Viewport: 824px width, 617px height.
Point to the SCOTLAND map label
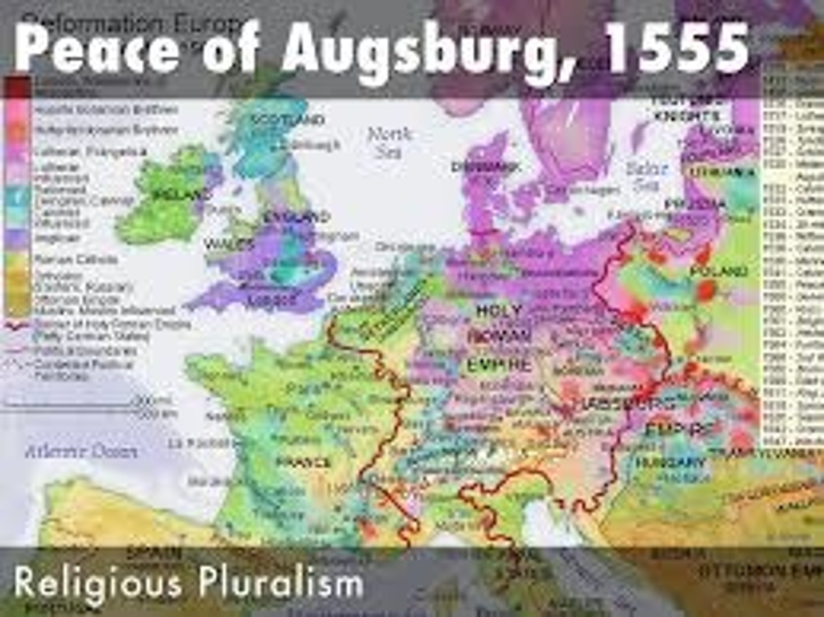[x=288, y=120]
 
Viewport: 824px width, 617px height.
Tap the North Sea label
[x=389, y=143]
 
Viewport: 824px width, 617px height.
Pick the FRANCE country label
[x=303, y=462]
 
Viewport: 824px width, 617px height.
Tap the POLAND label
[x=718, y=271]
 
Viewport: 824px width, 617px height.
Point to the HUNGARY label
[x=669, y=461]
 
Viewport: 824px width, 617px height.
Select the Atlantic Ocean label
[x=81, y=452]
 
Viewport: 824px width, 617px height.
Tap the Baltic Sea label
[x=647, y=176]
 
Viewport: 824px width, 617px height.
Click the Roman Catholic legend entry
[x=76, y=260]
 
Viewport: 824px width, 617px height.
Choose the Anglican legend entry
[x=57, y=238]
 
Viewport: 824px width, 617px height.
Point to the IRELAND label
[x=174, y=194]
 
